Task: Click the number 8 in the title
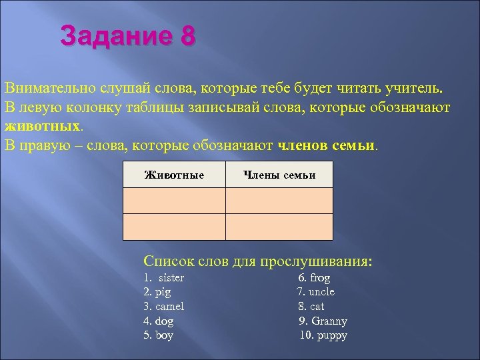point(187,35)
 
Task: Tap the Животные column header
point(174,175)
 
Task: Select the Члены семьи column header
point(279,175)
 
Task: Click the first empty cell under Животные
point(174,200)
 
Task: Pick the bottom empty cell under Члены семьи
point(279,227)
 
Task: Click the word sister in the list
point(171,277)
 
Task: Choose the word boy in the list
point(164,335)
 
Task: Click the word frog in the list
point(319,277)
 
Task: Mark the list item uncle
point(322,292)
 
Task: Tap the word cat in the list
point(317,307)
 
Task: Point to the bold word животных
point(42,126)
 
